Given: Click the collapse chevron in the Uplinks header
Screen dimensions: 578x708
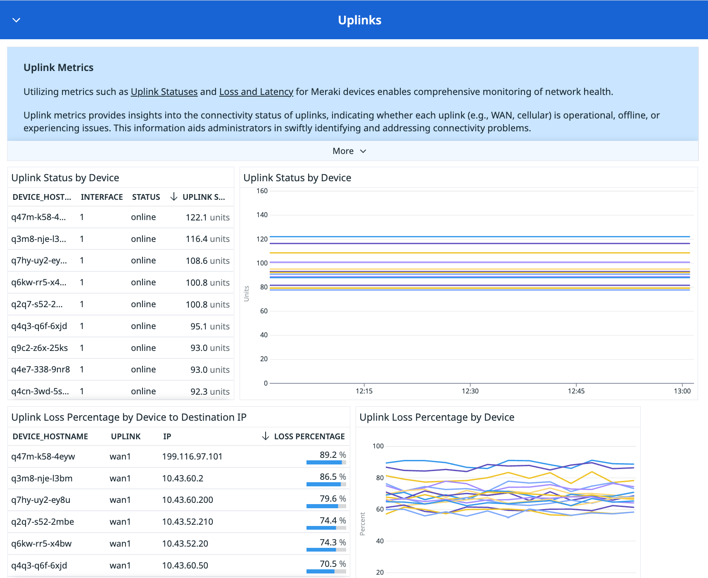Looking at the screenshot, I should pos(17,20).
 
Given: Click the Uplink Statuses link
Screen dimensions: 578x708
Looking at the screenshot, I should pos(164,92).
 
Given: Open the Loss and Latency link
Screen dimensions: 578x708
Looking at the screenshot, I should pos(256,92).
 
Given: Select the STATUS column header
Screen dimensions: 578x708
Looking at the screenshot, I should pos(146,197).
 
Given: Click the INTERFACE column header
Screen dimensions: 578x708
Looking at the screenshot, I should pos(102,197).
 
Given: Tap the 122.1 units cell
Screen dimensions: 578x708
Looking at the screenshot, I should pos(207,217).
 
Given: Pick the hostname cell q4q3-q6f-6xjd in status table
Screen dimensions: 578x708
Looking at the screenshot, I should pos(39,326).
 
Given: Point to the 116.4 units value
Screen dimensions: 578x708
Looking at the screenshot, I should pos(207,239).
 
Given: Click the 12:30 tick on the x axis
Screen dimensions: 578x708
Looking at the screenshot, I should pos(470,391).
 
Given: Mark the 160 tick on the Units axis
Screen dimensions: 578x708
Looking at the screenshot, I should pos(262,191).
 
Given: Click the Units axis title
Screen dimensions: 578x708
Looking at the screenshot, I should pos(247,294).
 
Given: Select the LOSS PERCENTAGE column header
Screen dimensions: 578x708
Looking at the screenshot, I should pos(309,436).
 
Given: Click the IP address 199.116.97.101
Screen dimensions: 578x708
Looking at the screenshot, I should pos(192,457).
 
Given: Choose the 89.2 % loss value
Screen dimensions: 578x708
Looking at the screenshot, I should pos(333,455).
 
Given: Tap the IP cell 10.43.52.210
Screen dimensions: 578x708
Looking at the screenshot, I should pos(188,522).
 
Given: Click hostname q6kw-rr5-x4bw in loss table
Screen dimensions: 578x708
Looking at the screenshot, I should pos(41,544).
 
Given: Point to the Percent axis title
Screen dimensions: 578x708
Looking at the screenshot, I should pos(363,524).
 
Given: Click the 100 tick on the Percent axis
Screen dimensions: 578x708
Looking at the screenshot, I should pos(378,446).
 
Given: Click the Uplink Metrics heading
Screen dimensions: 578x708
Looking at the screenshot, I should pos(59,68).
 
